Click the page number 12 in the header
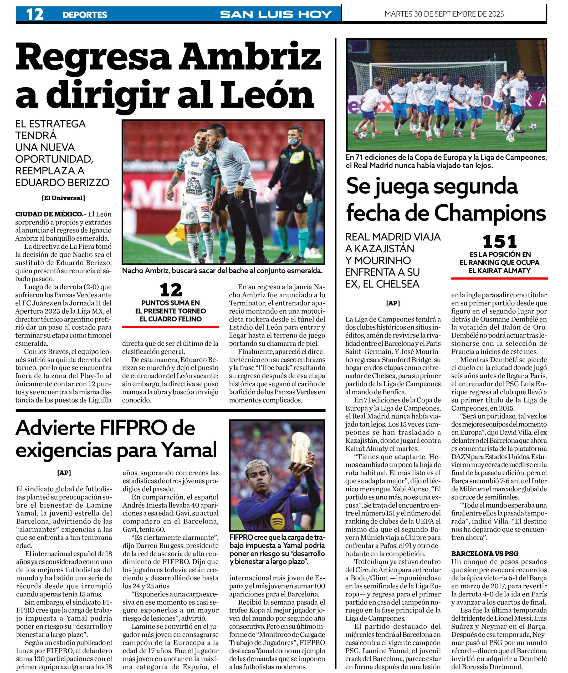click(x=35, y=14)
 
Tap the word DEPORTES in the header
click(x=85, y=15)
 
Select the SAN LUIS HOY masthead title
click(x=276, y=14)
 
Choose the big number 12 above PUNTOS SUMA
click(x=171, y=290)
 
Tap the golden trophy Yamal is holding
click(x=302, y=450)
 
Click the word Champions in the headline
click(x=490, y=213)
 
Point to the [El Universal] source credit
click(x=63, y=198)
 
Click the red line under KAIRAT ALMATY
click(x=499, y=278)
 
